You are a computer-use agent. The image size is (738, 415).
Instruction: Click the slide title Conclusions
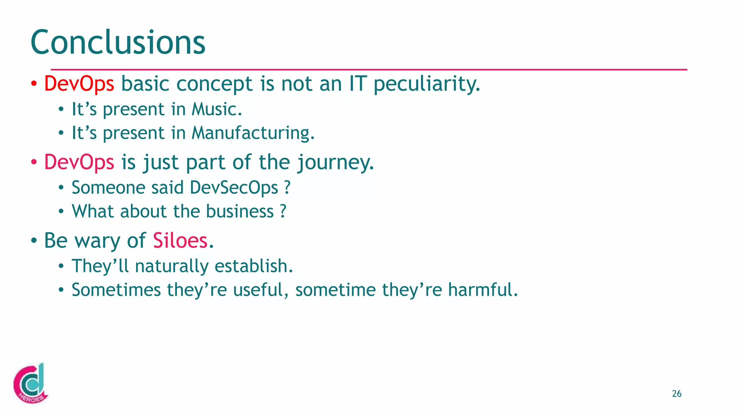click(x=118, y=43)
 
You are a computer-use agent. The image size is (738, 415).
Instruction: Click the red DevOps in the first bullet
click(x=79, y=84)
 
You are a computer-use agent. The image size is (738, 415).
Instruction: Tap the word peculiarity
click(x=426, y=84)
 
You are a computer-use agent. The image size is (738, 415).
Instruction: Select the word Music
click(x=216, y=109)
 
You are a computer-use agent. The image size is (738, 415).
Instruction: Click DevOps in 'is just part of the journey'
click(x=79, y=162)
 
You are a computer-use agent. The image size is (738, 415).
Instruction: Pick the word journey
click(x=335, y=163)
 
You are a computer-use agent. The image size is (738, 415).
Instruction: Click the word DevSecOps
click(x=234, y=188)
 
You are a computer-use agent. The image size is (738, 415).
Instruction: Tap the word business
click(x=240, y=211)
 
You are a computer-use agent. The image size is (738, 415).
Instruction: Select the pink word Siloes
click(x=180, y=241)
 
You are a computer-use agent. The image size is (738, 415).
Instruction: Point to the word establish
click(x=253, y=266)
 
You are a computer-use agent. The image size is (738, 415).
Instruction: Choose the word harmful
click(x=483, y=290)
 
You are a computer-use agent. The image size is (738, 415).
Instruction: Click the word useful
click(x=261, y=290)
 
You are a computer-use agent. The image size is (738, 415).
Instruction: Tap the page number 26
click(x=676, y=394)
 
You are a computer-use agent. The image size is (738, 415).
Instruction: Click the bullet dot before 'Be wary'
click(x=34, y=241)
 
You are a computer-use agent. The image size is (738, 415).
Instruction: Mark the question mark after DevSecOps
click(x=287, y=188)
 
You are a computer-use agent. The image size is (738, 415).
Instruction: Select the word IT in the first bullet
click(x=357, y=84)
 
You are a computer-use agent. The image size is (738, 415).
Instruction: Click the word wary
click(x=97, y=241)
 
